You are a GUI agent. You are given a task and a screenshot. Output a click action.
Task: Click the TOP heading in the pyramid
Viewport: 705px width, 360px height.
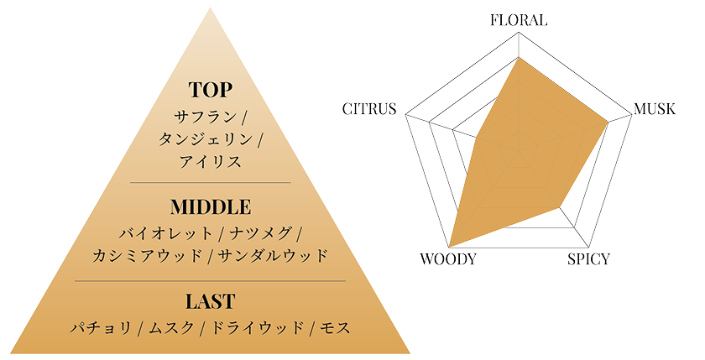point(211,90)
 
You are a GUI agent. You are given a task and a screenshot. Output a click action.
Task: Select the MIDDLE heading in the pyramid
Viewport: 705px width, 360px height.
point(211,207)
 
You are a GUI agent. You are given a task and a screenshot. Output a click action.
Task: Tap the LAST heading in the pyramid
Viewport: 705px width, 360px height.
point(211,301)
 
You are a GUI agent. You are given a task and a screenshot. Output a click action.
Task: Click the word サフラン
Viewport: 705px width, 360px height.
point(206,117)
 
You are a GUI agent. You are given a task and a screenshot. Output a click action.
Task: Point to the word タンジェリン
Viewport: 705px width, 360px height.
point(205,139)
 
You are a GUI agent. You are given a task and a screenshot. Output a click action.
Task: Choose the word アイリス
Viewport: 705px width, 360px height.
point(211,161)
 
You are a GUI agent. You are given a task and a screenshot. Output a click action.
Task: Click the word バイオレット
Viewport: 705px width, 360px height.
point(165,233)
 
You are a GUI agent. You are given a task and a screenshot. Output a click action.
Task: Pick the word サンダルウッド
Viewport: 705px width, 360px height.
point(273,256)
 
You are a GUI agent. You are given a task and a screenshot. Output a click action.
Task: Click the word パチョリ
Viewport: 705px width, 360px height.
point(102,327)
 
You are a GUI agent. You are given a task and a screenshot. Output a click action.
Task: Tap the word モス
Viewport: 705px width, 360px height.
point(336,327)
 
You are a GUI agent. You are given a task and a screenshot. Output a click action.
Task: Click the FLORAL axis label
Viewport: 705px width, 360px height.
point(519,20)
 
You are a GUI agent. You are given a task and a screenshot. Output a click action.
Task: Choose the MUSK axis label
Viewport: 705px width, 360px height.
point(655,109)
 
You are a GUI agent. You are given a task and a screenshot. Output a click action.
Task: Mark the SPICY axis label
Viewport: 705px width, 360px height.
point(588,259)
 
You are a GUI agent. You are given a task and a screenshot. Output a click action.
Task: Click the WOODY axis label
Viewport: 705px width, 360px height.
point(448,259)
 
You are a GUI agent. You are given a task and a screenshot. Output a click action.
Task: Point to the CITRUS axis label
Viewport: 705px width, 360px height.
point(369,109)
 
